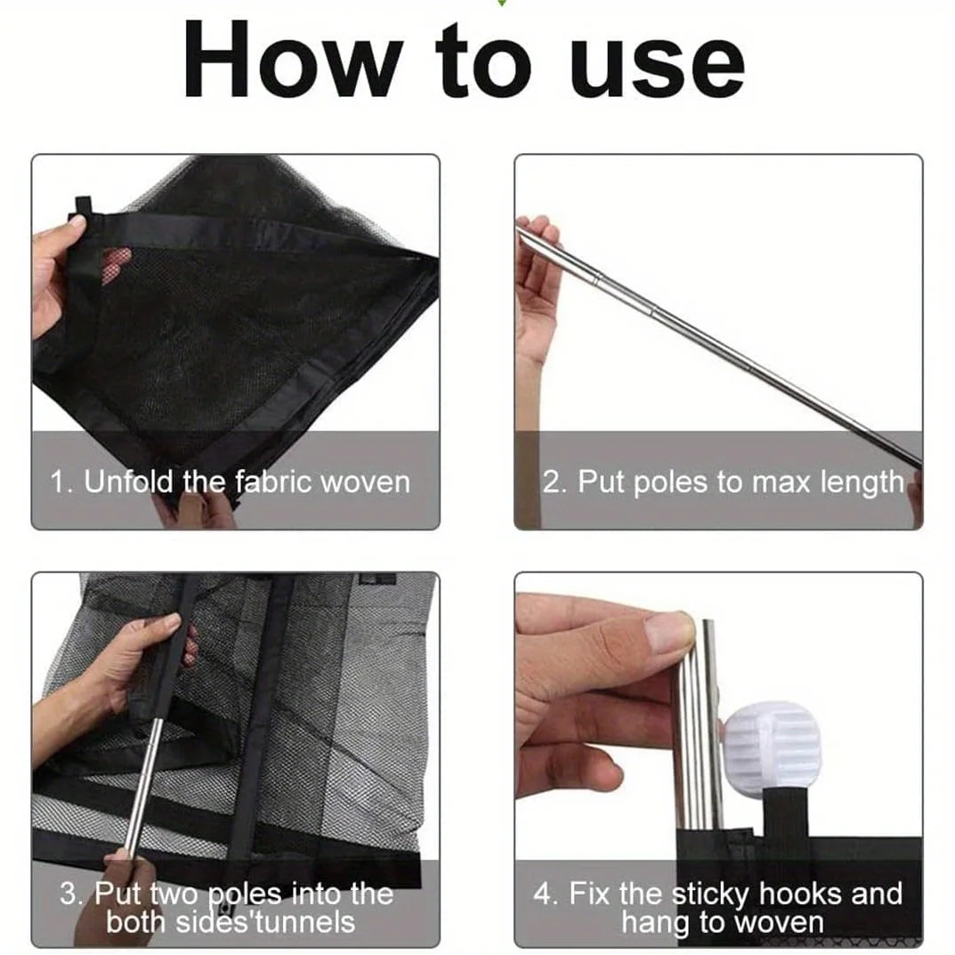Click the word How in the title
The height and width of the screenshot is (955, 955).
click(293, 59)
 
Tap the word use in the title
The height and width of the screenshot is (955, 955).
click(657, 66)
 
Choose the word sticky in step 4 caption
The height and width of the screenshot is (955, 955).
click(710, 895)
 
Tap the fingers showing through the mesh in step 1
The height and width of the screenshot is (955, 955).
click(116, 263)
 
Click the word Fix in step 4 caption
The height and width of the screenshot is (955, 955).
click(591, 894)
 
